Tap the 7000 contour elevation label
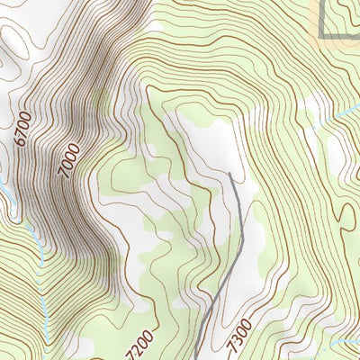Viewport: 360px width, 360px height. point(70,159)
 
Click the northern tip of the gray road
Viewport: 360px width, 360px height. point(230,173)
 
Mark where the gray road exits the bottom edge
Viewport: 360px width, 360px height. point(196,359)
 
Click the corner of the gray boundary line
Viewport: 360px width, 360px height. point(322,36)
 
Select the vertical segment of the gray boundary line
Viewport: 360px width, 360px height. point(322,18)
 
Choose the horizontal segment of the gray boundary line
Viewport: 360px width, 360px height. point(342,36)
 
